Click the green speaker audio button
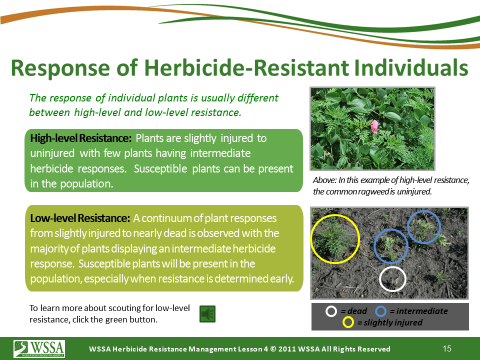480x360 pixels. pyautogui.click(x=207, y=314)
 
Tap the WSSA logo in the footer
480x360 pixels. pyautogui.click(x=39, y=348)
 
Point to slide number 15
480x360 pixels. pyautogui.click(x=447, y=348)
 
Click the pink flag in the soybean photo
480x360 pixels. pyautogui.click(x=374, y=126)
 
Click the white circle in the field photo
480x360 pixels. pyautogui.click(x=393, y=267)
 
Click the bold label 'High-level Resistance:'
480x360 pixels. pyautogui.click(x=81, y=138)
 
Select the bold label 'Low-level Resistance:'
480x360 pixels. pyautogui.click(x=80, y=218)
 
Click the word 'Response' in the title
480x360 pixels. pyautogui.click(x=60, y=67)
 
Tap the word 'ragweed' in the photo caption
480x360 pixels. pyautogui.click(x=370, y=191)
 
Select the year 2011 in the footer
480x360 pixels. pyautogui.click(x=287, y=349)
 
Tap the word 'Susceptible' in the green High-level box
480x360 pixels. pyautogui.click(x=160, y=168)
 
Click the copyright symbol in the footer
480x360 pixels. pyautogui.click(x=273, y=349)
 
